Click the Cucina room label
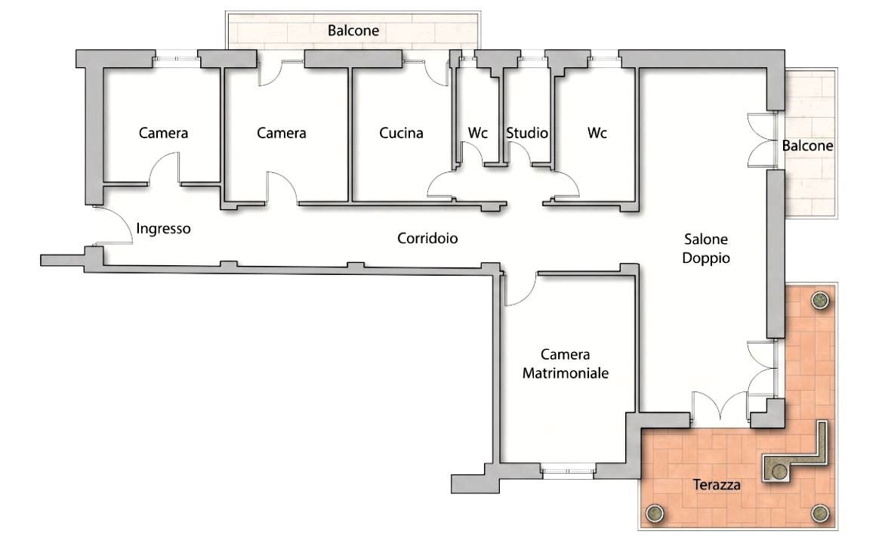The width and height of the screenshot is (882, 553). [401, 133]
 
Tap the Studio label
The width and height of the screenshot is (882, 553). [527, 133]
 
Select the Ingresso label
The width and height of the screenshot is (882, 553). [163, 229]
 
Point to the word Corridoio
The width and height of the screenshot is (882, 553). [427, 239]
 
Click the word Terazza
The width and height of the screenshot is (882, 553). [717, 484]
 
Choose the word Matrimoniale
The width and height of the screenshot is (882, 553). [566, 373]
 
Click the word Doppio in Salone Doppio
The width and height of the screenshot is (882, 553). [706, 258]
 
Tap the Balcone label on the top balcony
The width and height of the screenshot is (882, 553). [353, 30]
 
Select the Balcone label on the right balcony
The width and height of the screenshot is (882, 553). [807, 147]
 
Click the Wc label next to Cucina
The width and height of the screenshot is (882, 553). [477, 133]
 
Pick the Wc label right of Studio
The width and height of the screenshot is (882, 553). [597, 133]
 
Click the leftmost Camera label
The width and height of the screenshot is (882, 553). [163, 133]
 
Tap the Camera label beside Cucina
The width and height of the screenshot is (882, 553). [281, 133]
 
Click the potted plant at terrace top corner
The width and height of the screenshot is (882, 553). [820, 300]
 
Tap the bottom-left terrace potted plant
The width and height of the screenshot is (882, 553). [654, 513]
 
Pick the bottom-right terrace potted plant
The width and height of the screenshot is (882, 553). [820, 513]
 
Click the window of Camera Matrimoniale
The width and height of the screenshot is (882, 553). [568, 471]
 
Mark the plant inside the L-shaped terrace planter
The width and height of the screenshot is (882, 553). [779, 471]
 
